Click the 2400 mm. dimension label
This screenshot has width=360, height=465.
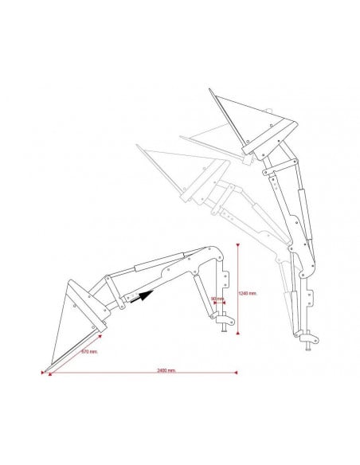coord(167,369)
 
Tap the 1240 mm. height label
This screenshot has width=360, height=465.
coord(248,292)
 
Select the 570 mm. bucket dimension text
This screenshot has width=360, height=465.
coord(88,350)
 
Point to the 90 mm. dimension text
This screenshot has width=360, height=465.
coord(217,299)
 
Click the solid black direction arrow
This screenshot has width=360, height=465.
coord(140,297)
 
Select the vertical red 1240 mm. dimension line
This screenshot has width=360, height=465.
coord(238,287)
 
